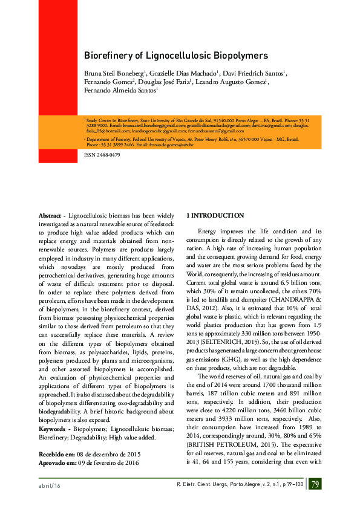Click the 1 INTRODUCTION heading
(215, 216)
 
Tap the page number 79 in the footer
(315, 484)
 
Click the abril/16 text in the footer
(49, 485)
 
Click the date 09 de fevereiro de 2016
(106, 462)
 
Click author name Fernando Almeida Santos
(119, 91)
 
